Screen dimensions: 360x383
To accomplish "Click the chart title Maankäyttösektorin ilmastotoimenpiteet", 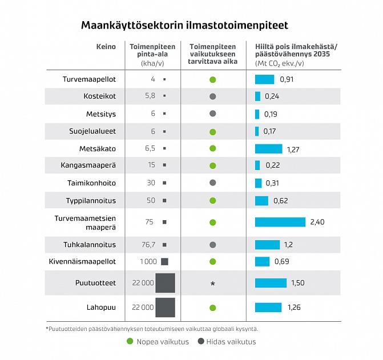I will [x=184, y=26].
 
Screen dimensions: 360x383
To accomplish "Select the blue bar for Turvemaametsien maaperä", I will [x=280, y=222].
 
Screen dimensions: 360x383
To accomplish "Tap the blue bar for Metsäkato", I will [x=268, y=149].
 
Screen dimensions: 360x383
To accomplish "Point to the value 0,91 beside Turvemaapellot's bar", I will [x=287, y=79].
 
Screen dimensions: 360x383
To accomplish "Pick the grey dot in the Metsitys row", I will [x=213, y=114].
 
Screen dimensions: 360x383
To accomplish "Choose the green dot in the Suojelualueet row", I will [x=213, y=132].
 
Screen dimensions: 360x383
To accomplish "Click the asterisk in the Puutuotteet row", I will [x=213, y=284].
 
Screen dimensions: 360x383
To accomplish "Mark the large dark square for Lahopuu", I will [x=165, y=307].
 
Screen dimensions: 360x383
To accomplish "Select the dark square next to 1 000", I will [x=164, y=261].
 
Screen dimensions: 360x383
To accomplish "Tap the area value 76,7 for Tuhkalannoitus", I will [x=148, y=245].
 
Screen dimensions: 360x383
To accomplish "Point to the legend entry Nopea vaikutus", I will [x=154, y=342].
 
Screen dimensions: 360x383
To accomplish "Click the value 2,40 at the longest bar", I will [x=317, y=222].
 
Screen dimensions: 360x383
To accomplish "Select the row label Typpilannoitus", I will [x=91, y=200].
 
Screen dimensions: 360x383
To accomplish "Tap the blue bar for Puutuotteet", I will [x=271, y=283].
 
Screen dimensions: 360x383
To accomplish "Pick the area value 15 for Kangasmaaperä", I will [x=151, y=165].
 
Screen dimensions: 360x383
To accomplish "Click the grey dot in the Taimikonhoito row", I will [x=213, y=183].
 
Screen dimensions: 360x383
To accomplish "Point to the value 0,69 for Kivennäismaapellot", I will [x=281, y=261].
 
